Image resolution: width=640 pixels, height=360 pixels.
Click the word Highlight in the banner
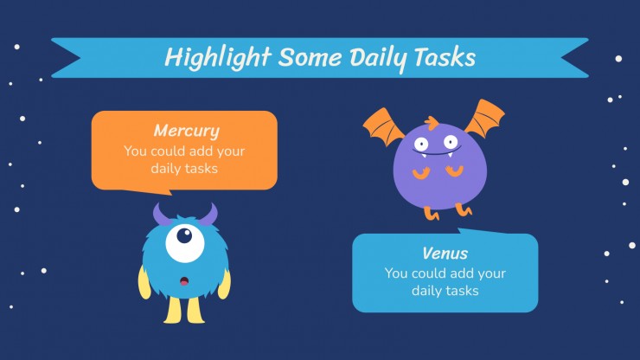point(218,57)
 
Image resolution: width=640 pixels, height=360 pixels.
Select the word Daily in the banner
point(378,59)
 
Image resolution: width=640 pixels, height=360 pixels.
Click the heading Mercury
point(187,131)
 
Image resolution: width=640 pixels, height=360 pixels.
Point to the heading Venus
point(445,254)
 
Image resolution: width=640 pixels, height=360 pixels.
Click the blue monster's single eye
point(185,242)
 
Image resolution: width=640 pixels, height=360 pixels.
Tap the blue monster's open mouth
point(184,281)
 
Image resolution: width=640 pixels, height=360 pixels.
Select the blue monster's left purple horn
point(162,215)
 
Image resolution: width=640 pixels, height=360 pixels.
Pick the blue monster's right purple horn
point(209,214)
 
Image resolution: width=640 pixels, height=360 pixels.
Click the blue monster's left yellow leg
point(173,310)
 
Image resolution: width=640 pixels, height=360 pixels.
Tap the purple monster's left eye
point(421,144)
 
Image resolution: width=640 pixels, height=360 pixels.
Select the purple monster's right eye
point(451,142)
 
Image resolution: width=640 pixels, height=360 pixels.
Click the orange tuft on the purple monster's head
point(431,122)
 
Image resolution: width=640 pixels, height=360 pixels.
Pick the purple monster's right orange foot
point(464,209)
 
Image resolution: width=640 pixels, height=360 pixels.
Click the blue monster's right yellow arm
point(225,284)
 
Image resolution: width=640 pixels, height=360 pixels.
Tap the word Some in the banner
point(310,57)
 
